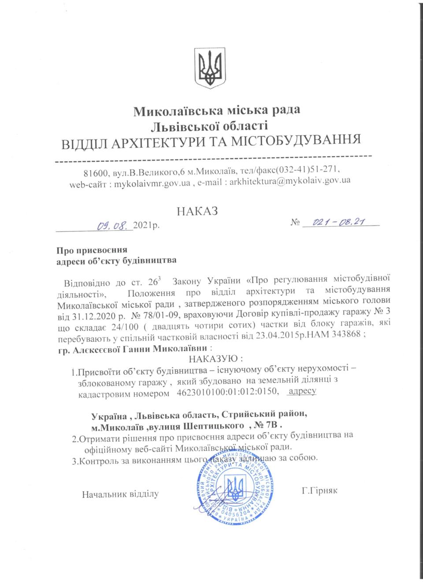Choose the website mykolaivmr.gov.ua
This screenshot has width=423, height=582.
click(x=152, y=184)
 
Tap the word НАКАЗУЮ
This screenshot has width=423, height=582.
click(x=216, y=358)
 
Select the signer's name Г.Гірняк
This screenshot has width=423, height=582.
click(x=319, y=490)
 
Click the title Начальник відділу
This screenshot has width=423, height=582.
click(x=120, y=494)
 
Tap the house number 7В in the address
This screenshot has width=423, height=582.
click(x=272, y=425)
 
